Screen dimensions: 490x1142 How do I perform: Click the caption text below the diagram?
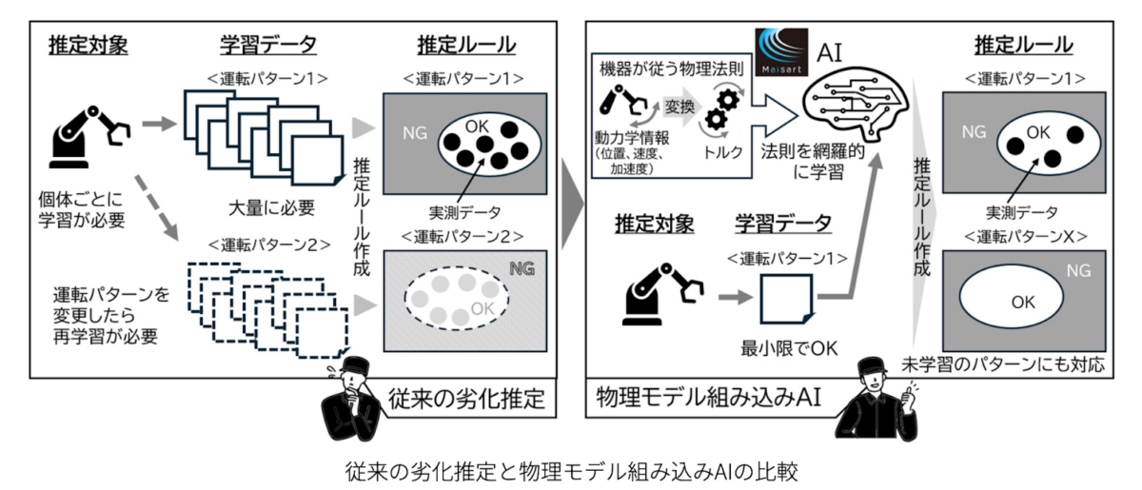[571, 469]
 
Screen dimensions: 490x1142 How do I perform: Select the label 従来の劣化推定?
[469, 399]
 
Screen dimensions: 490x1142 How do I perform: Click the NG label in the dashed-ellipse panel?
[522, 268]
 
